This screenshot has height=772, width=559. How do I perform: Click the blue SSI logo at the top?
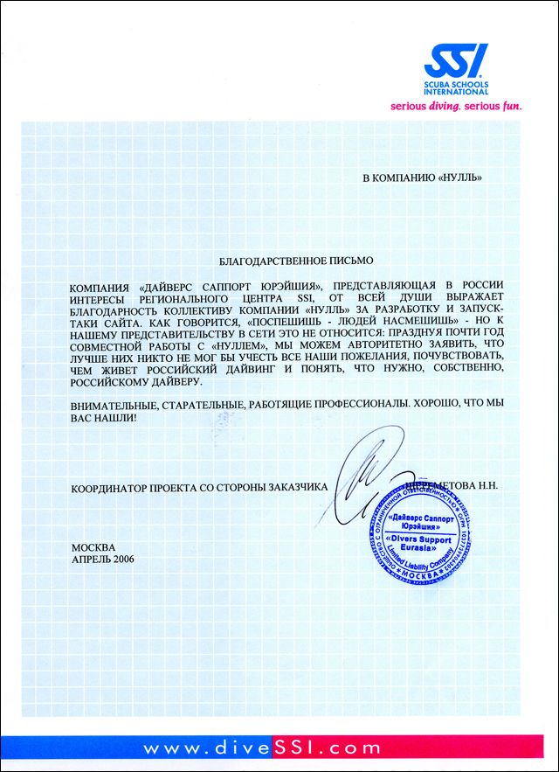457,59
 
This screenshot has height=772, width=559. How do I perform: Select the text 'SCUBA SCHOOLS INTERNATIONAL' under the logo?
457,87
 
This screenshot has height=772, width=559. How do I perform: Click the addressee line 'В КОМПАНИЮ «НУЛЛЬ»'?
422,179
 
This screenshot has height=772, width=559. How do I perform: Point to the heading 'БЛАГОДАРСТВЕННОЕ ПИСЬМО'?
295,260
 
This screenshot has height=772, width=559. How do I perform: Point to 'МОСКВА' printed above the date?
93,546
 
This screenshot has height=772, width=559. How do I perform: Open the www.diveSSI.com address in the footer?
262,748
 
